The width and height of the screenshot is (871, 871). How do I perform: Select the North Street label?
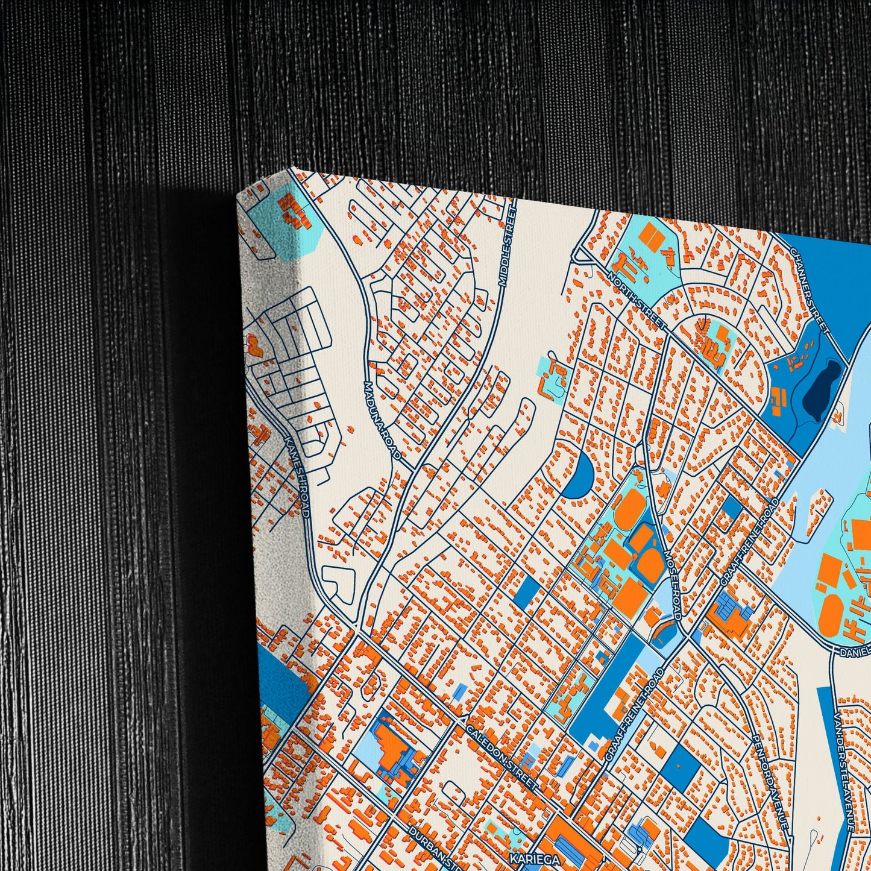[637, 300]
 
